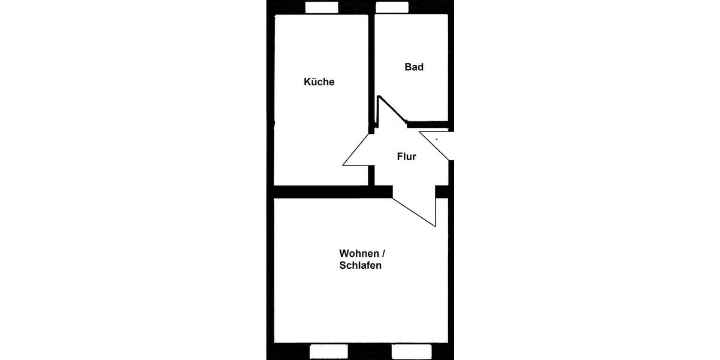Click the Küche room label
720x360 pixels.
pyautogui.click(x=319, y=82)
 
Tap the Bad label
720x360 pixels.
pyautogui.click(x=414, y=67)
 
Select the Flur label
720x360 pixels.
pyautogui.click(x=406, y=157)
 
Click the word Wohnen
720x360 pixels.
pyautogui.click(x=359, y=253)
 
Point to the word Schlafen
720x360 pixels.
pyautogui.click(x=361, y=265)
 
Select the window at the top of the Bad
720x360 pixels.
pyautogui.click(x=392, y=8)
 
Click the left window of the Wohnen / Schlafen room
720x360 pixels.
pyautogui.click(x=329, y=351)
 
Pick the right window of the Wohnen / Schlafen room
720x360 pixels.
pyautogui.click(x=411, y=351)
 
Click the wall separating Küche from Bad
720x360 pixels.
pyautogui.click(x=371, y=66)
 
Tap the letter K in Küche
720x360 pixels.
pyautogui.click(x=307, y=82)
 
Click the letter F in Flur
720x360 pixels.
pyautogui.click(x=400, y=157)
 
